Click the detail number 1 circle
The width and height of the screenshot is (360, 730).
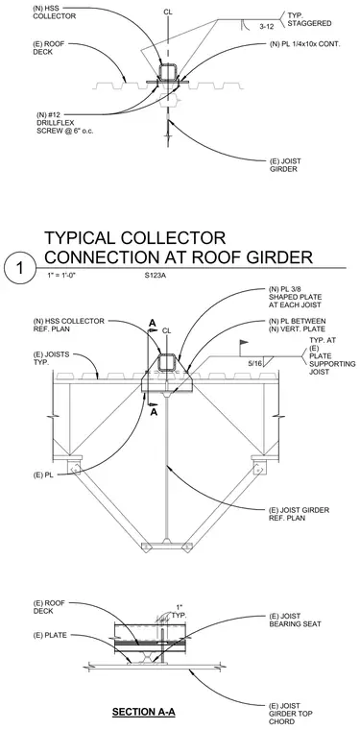coord(19,270)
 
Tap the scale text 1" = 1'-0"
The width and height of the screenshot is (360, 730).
coord(60,275)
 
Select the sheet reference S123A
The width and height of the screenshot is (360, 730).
coord(156,275)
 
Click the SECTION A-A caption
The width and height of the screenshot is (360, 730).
coord(144,712)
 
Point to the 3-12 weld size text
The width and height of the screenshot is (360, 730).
coord(266,27)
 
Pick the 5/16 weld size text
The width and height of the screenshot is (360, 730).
coord(254,363)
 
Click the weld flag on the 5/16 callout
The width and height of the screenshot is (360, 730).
coord(243,343)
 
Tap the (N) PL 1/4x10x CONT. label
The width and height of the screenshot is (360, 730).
coord(305,44)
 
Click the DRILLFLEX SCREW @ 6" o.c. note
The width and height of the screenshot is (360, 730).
coord(65,127)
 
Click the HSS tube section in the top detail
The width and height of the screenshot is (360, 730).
coord(168,72)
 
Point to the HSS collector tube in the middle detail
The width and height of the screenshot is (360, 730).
coord(168,361)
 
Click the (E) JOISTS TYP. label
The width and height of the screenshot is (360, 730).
coord(51,357)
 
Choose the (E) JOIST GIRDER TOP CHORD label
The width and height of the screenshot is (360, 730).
coord(291,714)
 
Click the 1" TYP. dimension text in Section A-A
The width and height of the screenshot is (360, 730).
coord(180,611)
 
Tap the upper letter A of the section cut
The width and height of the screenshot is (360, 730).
coord(152,323)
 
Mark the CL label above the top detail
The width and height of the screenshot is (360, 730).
coord(168,12)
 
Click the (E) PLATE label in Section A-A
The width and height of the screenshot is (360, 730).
coord(50,635)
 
